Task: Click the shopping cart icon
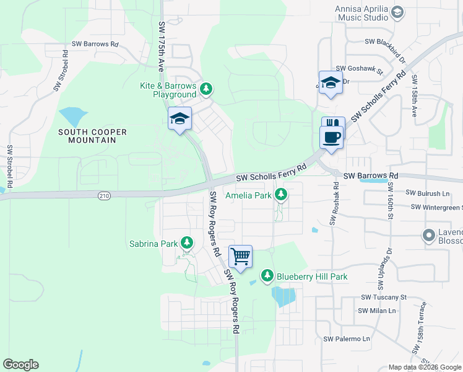coord(240,255)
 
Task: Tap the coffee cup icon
coord(332,136)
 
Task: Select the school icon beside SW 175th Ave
coord(180,118)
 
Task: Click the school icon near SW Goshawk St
coord(331,82)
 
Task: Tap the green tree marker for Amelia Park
coord(281,195)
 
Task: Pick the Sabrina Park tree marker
coord(186,244)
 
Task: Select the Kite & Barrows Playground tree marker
coord(206,90)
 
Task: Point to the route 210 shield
coord(104,196)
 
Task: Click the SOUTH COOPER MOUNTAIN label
coord(93,136)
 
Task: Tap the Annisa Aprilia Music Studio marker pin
coord(397,12)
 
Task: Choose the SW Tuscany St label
coord(383,297)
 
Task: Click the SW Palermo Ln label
coord(347,339)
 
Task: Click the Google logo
coord(20,365)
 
